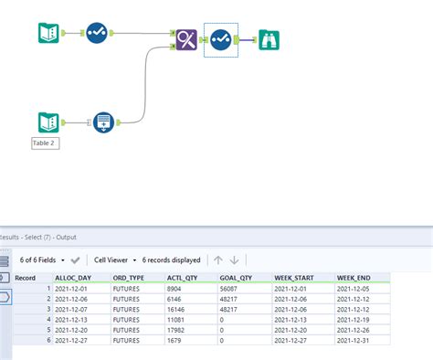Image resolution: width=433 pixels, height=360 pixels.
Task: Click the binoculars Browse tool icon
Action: tap(268, 39)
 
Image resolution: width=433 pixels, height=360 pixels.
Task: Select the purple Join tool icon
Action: tap(188, 39)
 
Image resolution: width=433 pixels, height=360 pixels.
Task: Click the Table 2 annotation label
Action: tap(45, 143)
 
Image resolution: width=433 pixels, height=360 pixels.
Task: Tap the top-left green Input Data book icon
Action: tap(48, 34)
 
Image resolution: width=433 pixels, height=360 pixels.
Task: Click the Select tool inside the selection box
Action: tap(220, 39)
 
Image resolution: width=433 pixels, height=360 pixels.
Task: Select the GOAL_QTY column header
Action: tap(237, 275)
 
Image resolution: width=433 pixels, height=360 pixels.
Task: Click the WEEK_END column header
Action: tap(354, 275)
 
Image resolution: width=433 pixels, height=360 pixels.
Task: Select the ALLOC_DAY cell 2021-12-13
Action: tap(74, 319)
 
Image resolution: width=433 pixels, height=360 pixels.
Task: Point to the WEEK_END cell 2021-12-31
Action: tap(356, 341)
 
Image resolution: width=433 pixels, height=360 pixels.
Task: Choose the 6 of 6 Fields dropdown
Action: tap(38, 259)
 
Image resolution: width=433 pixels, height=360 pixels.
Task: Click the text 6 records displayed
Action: tap(172, 259)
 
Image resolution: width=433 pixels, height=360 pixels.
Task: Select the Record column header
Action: tap(25, 275)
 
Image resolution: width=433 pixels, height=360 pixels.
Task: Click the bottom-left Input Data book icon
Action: tap(48, 122)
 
